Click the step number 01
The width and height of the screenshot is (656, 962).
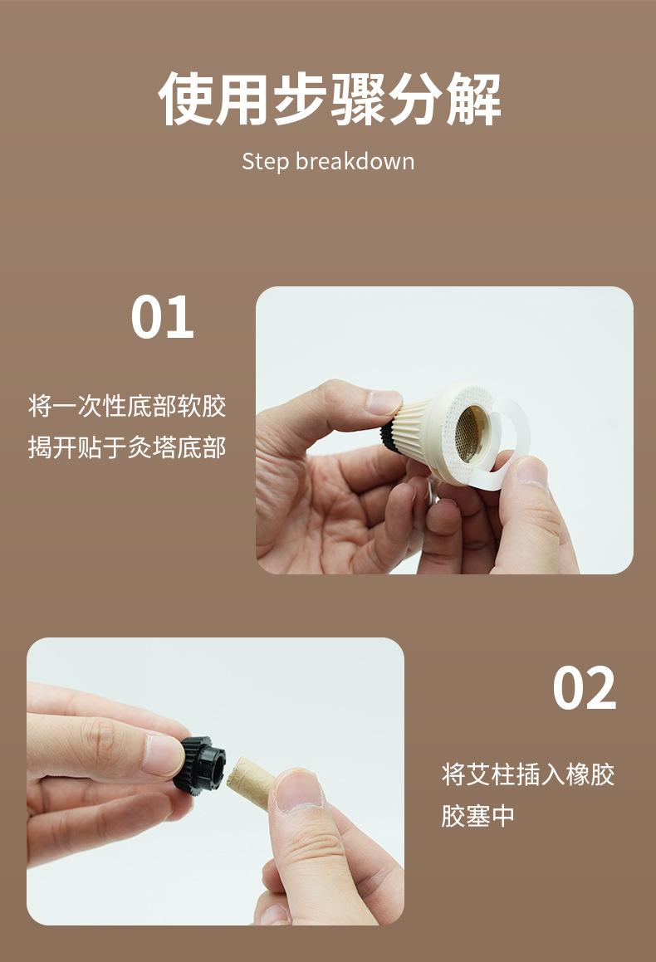tap(162, 316)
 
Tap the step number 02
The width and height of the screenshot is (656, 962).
tap(584, 688)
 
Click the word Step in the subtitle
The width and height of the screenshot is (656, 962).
tap(265, 162)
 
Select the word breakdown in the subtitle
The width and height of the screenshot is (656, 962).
tap(355, 161)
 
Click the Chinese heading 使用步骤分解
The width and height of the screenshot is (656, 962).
tap(330, 100)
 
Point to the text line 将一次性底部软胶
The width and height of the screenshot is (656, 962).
tap(127, 406)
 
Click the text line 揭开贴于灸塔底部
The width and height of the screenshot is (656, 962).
tap(127, 447)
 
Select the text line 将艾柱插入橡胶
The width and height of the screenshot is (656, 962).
tap(528, 774)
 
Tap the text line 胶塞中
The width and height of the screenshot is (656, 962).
tap(478, 816)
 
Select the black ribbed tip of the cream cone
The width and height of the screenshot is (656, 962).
tap(388, 434)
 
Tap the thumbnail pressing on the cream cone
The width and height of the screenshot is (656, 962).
tap(384, 403)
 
